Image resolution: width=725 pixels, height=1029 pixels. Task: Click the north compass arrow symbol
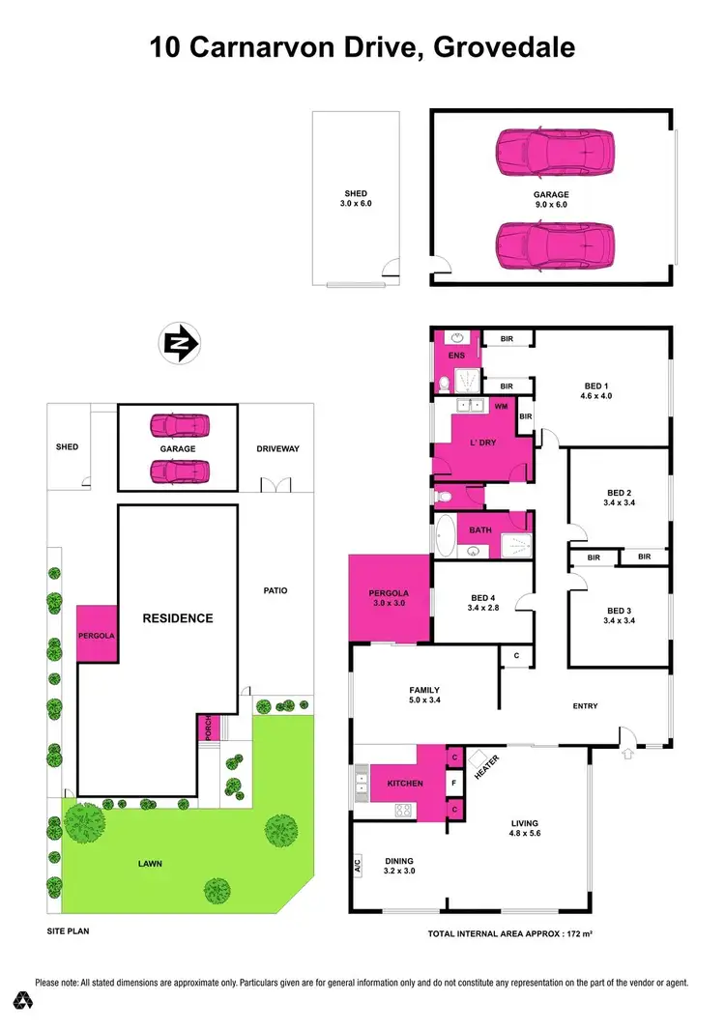coord(179,342)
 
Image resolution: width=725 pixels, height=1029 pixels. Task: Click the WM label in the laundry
coord(501,407)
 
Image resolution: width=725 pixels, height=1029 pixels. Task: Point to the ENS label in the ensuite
coord(458,356)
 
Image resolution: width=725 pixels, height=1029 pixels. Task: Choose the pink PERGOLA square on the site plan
coord(97,635)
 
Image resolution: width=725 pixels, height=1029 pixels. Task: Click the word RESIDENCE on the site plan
coord(178,618)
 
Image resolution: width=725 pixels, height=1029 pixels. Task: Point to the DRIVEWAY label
coord(278,448)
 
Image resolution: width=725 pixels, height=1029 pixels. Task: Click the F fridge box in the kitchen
coord(453,783)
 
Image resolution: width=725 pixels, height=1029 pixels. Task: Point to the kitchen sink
coord(362,783)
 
